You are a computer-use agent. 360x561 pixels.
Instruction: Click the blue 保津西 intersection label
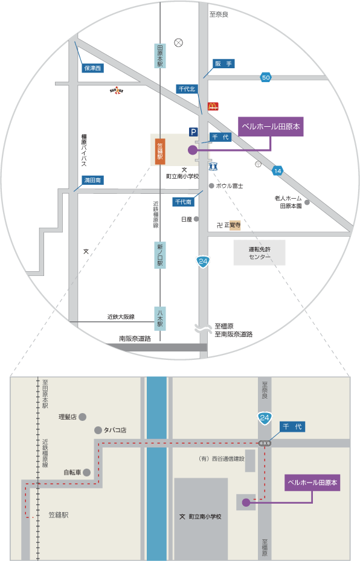click(x=92, y=68)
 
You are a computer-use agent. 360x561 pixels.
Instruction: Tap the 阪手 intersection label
click(x=223, y=63)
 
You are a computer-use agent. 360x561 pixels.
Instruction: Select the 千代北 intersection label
click(x=187, y=89)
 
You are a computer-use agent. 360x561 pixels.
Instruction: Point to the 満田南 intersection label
click(x=92, y=181)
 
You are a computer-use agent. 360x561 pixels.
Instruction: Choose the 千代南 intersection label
click(x=183, y=202)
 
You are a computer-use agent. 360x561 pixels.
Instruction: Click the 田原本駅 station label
click(x=160, y=56)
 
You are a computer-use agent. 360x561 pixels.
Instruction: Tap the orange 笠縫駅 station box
click(x=160, y=152)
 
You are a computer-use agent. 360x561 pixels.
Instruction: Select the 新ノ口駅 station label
click(x=160, y=255)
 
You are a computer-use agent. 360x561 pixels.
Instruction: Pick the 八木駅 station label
click(x=160, y=318)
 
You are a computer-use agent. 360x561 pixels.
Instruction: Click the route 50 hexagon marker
click(x=266, y=77)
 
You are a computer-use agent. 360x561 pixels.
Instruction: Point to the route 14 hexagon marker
click(x=277, y=171)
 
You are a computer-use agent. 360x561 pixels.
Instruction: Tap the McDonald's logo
click(x=213, y=106)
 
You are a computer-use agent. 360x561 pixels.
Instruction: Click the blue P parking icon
click(x=193, y=132)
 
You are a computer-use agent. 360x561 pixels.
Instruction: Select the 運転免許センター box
click(x=260, y=252)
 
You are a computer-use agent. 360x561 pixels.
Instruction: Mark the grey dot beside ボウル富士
click(x=211, y=185)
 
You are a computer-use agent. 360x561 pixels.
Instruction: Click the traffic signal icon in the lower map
click(x=265, y=443)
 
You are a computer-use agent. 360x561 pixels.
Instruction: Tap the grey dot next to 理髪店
click(x=82, y=417)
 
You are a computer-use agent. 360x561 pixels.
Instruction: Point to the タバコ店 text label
click(x=115, y=430)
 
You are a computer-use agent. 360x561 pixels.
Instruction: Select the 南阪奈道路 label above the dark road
click(x=135, y=338)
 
